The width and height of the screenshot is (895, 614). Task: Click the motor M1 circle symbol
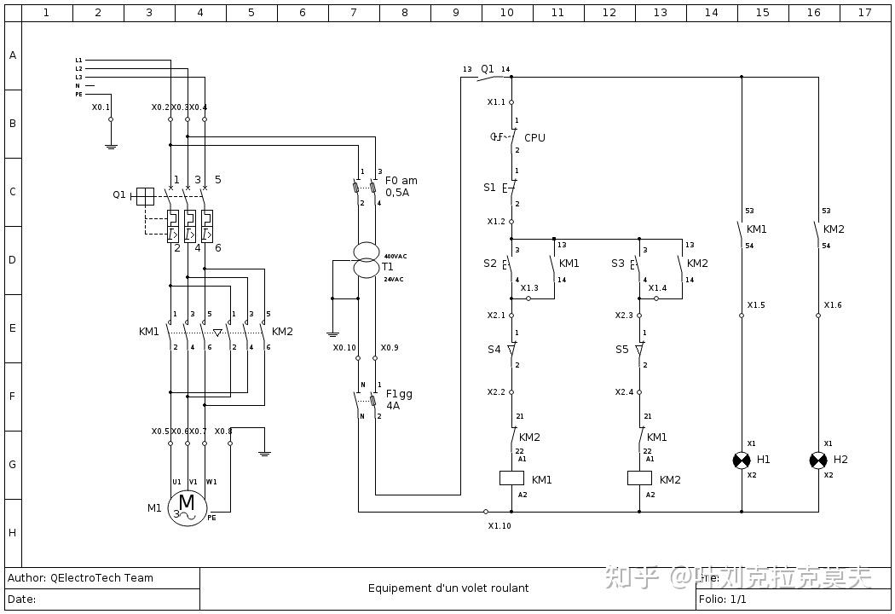click(187, 507)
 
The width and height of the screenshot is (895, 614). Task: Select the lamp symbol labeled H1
click(742, 460)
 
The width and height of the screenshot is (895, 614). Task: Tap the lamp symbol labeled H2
click(818, 460)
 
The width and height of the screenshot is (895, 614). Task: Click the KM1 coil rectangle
click(511, 478)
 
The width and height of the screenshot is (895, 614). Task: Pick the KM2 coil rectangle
click(639, 478)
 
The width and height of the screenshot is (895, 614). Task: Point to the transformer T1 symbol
click(367, 260)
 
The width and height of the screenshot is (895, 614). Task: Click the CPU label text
click(534, 138)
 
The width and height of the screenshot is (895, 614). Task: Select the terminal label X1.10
click(499, 526)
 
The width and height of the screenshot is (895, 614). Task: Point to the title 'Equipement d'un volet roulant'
click(448, 588)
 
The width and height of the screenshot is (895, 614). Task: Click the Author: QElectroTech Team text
click(80, 578)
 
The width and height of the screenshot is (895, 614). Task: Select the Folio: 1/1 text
click(723, 600)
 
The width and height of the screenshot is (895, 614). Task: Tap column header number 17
click(865, 13)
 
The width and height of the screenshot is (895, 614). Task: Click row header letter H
click(13, 533)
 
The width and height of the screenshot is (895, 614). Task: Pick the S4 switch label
click(494, 350)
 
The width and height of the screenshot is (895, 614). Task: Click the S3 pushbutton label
click(618, 264)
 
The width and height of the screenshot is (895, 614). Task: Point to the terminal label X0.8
click(223, 432)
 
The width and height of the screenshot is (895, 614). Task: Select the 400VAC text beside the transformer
click(396, 257)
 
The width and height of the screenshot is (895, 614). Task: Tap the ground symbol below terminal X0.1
click(111, 145)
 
